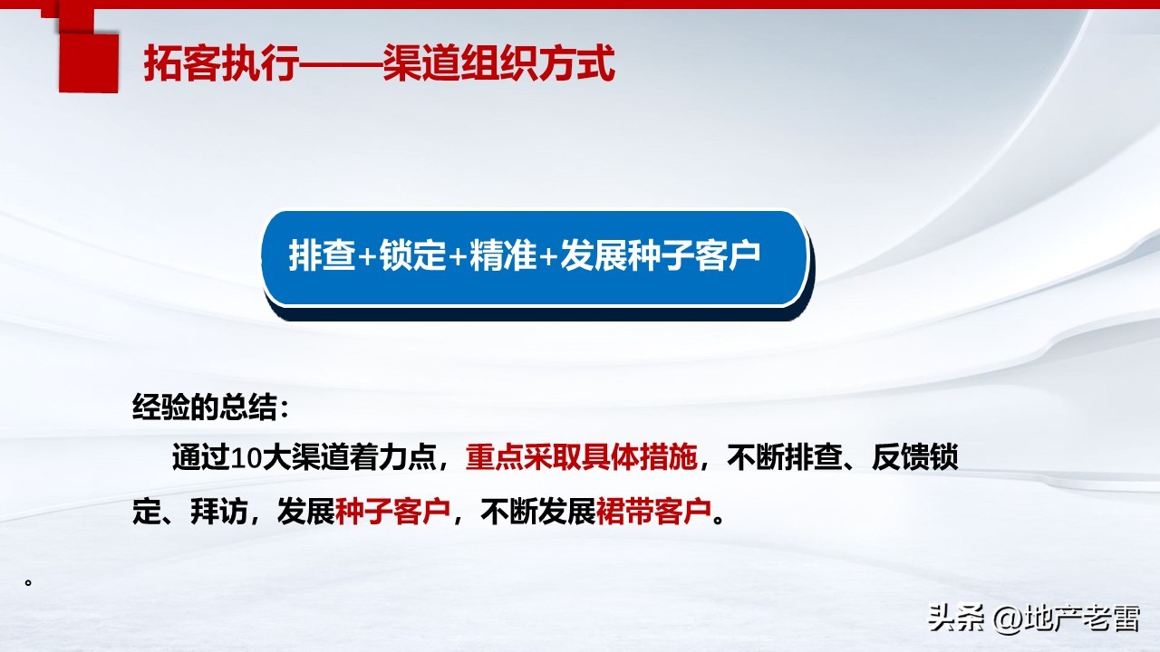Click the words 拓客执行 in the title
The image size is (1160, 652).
pyautogui.click(x=220, y=64)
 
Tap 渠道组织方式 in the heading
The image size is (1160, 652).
pyautogui.click(x=498, y=64)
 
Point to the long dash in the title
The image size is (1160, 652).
pyautogui.click(x=340, y=65)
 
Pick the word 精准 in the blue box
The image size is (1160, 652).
pyautogui.click(x=504, y=256)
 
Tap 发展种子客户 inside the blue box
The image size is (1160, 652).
pyautogui.click(x=660, y=256)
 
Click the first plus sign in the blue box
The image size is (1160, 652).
pyautogui.click(x=367, y=257)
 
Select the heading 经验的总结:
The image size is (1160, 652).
pyautogui.click(x=211, y=407)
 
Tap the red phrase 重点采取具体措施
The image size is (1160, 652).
pyautogui.click(x=582, y=458)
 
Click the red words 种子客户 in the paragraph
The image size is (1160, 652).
pyautogui.click(x=392, y=513)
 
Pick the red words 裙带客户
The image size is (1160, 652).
pyautogui.click(x=653, y=513)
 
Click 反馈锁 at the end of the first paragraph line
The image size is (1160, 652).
pyautogui.click(x=914, y=458)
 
